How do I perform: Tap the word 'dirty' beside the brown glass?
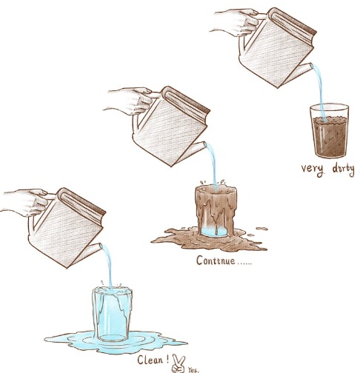click(344, 169)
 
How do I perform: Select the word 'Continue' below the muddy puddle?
click(216, 261)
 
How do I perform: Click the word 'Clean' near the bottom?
click(150, 360)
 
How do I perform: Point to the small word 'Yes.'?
click(193, 370)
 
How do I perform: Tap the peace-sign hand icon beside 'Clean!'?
click(179, 363)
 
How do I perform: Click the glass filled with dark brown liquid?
click(329, 130)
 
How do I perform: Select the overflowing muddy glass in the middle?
click(216, 211)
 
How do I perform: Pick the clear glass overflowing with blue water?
click(113, 315)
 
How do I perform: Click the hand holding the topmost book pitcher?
click(235, 22)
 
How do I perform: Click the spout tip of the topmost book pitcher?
click(311, 65)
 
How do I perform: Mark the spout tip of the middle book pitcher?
click(204, 144)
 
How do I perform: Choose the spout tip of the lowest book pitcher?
click(101, 246)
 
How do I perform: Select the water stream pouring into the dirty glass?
click(319, 91)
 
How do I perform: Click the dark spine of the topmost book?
click(294, 21)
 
